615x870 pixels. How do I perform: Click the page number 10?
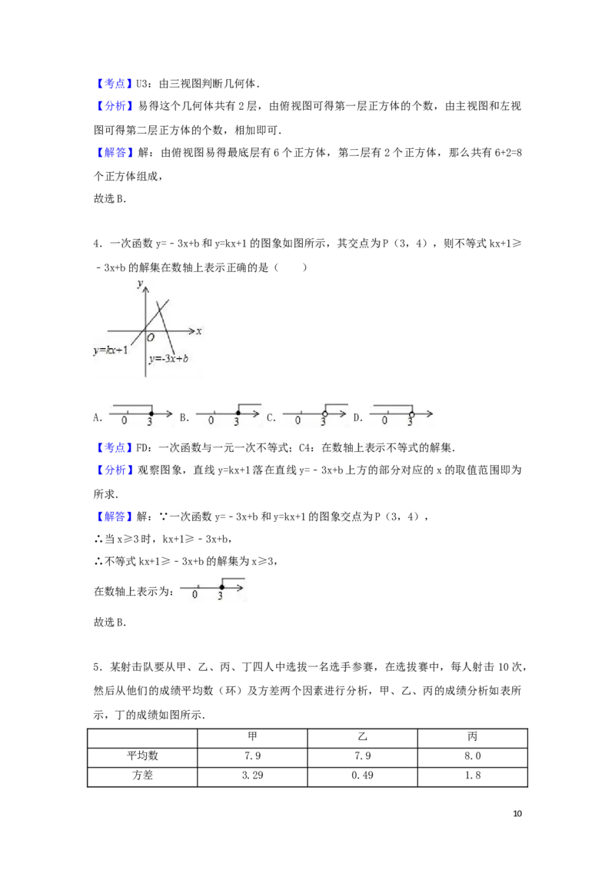517,813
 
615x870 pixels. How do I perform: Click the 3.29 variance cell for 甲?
253,775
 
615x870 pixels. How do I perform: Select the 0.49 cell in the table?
362,775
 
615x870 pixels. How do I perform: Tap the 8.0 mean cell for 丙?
472,755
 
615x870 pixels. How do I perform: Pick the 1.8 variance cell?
472,775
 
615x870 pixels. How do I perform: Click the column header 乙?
362,737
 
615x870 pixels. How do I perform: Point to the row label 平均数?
143,755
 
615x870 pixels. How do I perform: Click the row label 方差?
143,775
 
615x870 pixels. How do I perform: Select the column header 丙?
472,737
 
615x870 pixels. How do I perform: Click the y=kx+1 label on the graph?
111,350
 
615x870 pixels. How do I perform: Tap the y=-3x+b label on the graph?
168,358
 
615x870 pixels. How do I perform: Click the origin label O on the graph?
151,337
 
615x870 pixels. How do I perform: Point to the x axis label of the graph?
198,331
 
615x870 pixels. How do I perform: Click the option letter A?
97,418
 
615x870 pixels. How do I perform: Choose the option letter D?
357,418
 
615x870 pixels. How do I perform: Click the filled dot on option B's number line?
238,413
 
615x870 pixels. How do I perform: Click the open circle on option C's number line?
324,413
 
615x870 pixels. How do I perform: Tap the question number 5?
97,667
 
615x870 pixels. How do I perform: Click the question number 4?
97,244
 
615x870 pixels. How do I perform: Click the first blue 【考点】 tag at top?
113,84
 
